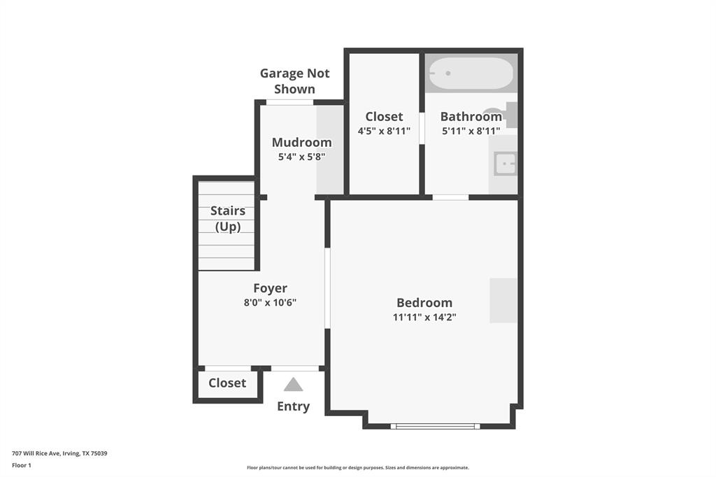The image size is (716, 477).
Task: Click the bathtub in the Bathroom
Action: (x=471, y=73)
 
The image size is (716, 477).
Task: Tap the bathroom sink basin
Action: (x=504, y=164)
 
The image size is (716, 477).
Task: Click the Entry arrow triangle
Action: (x=293, y=384)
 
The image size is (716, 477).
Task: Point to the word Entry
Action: (x=293, y=406)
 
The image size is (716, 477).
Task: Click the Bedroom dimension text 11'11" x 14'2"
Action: (x=424, y=317)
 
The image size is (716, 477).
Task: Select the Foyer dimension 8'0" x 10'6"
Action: (x=270, y=302)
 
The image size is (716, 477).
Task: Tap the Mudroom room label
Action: (x=301, y=143)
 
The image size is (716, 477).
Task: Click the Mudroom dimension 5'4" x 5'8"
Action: (x=301, y=157)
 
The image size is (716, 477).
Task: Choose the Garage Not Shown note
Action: (x=294, y=81)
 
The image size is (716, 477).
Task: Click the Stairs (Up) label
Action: (x=227, y=218)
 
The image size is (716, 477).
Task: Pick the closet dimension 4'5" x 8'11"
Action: (x=384, y=131)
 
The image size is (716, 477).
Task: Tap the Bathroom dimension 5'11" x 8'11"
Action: (x=471, y=131)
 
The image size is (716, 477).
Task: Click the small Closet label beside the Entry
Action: (x=227, y=383)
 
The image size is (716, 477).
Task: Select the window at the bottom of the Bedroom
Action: (x=435, y=425)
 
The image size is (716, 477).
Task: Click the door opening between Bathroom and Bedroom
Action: (x=450, y=197)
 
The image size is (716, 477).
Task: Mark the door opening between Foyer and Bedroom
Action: (x=327, y=287)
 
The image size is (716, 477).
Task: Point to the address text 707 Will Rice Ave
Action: (x=59, y=453)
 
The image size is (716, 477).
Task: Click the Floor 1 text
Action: (x=22, y=465)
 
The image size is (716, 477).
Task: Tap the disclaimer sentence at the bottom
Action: (x=357, y=468)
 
